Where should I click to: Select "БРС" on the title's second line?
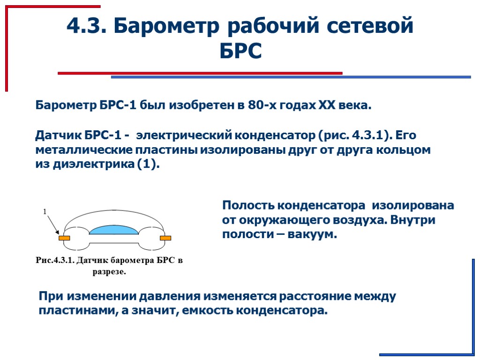(240, 51)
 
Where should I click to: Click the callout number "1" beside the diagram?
(45, 212)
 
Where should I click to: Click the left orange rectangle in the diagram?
(64, 238)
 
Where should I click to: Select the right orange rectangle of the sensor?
(165, 238)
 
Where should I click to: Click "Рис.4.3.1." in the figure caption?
(55, 261)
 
